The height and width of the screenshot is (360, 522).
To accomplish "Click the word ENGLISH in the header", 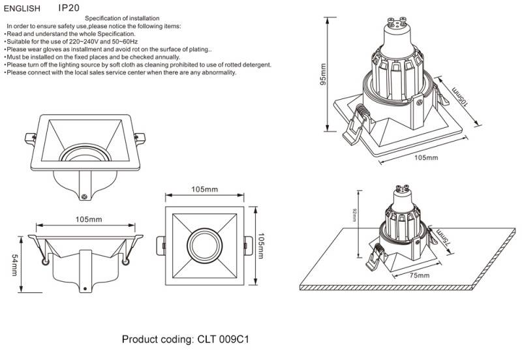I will coord(22,9).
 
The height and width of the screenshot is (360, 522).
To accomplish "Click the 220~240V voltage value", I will coord(82,41).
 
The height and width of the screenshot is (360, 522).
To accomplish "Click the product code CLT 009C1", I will coord(222,340).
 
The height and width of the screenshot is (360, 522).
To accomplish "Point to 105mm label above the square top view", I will coord(204,189).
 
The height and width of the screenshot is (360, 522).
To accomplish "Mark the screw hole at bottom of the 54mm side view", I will coord(84,286).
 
